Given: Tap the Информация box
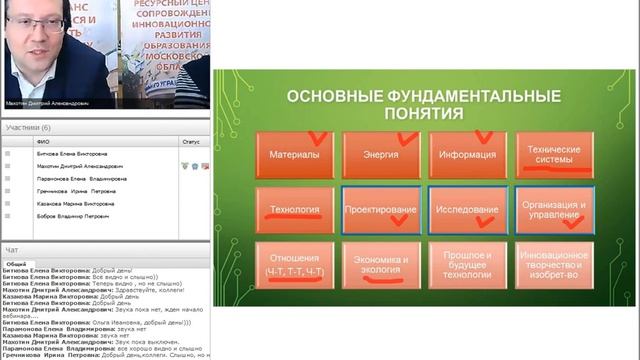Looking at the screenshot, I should click(466, 155).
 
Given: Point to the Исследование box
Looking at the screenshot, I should click(466, 211).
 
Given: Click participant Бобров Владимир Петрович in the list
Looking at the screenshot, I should click(67, 215).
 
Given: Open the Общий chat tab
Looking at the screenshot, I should click(15, 263).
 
